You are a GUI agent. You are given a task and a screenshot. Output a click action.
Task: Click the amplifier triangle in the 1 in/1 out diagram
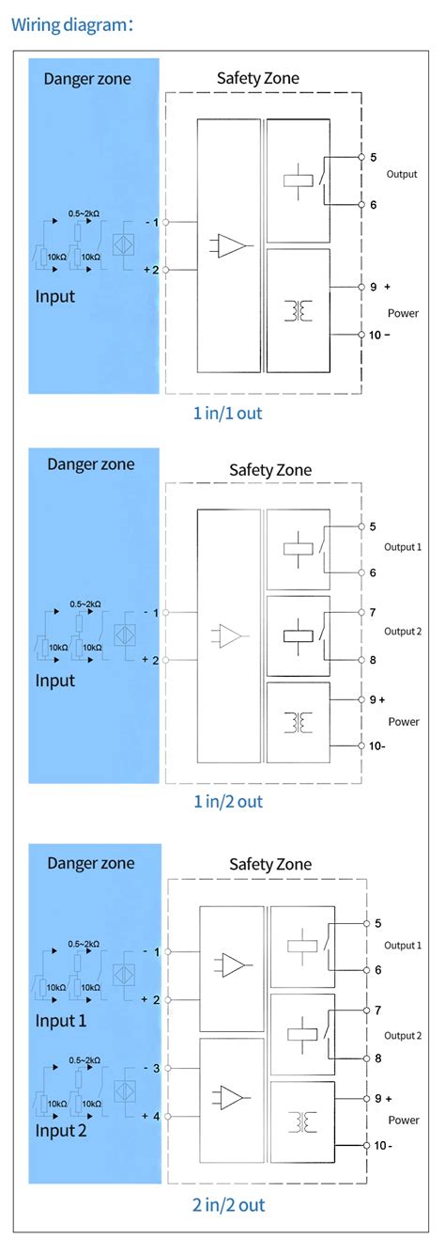(231, 246)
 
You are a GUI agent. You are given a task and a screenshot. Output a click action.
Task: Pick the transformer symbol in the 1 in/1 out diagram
(299, 309)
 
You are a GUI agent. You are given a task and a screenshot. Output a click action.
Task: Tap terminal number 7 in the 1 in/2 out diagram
(373, 613)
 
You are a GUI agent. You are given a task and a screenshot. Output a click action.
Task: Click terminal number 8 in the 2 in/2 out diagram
(376, 1058)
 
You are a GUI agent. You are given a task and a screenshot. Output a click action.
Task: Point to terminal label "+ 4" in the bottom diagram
(151, 1116)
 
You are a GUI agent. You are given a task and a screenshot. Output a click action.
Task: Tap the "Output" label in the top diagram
(402, 174)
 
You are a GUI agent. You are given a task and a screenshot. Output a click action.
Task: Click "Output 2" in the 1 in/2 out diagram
(403, 631)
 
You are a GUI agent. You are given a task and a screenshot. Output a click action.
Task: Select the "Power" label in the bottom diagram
(404, 1120)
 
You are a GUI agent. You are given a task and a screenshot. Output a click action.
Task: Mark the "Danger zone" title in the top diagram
(87, 78)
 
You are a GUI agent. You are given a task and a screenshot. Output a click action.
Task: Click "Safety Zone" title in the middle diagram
(270, 470)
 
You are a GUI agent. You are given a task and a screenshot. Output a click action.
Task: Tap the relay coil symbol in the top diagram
(299, 180)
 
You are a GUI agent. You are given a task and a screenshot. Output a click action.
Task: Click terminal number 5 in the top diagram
(374, 157)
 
